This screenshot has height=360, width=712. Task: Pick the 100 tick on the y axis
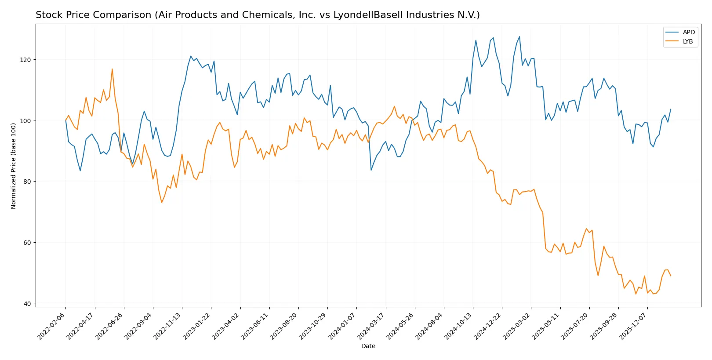pos(26,120)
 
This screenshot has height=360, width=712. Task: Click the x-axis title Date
pos(368,346)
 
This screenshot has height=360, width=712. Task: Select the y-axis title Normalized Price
pos(14,166)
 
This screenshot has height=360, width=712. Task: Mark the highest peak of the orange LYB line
pos(112,69)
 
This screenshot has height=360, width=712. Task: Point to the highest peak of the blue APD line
pos(519,36)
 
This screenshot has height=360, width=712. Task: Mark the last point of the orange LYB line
pos(671,276)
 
